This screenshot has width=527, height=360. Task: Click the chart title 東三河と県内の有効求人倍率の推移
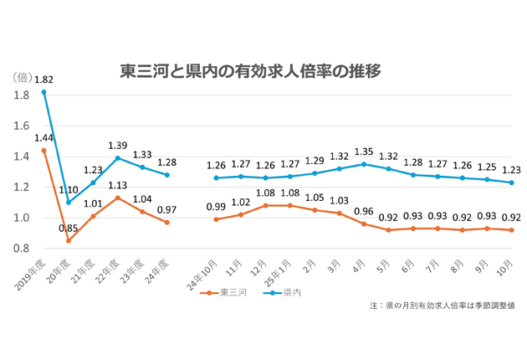coord(251,71)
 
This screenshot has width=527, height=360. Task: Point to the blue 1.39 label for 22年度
coord(118,145)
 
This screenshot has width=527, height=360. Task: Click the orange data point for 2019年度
coord(43,150)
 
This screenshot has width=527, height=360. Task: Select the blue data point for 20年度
coord(69,203)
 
